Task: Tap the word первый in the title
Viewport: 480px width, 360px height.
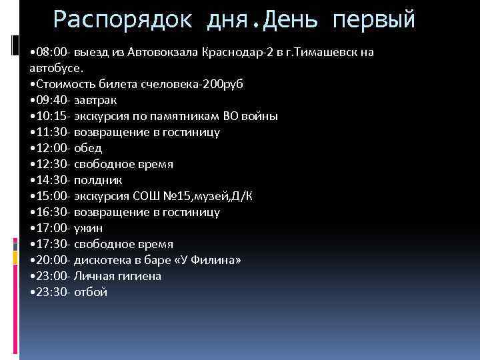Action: (375, 19)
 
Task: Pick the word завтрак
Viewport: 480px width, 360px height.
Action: (96, 100)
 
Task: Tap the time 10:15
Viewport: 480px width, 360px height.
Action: (51, 116)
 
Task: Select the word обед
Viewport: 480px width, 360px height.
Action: (88, 148)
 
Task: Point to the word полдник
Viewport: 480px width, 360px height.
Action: (98, 180)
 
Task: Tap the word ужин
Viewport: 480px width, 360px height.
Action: (88, 228)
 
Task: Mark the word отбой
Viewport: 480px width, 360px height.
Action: (91, 292)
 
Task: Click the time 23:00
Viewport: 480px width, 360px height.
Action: (51, 276)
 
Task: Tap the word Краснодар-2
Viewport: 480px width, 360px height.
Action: (244, 52)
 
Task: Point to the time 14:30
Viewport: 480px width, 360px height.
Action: (51, 180)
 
